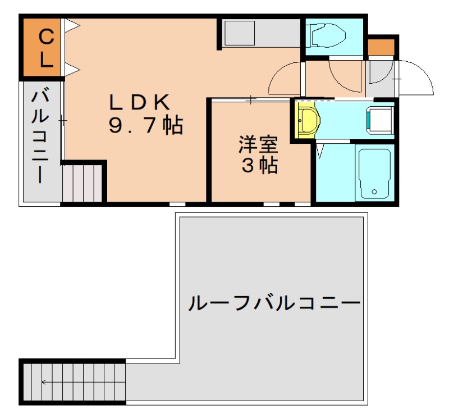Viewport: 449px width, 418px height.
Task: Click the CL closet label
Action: (x=45, y=48)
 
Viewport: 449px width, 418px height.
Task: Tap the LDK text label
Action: (x=139, y=102)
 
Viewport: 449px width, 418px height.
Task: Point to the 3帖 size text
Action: (x=259, y=166)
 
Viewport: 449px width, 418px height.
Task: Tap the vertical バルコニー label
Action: (x=40, y=135)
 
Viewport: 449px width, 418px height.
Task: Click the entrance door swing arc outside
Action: (x=415, y=78)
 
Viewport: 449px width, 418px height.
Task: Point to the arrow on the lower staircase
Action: (x=45, y=383)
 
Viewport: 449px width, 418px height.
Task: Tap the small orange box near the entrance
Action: (x=382, y=47)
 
